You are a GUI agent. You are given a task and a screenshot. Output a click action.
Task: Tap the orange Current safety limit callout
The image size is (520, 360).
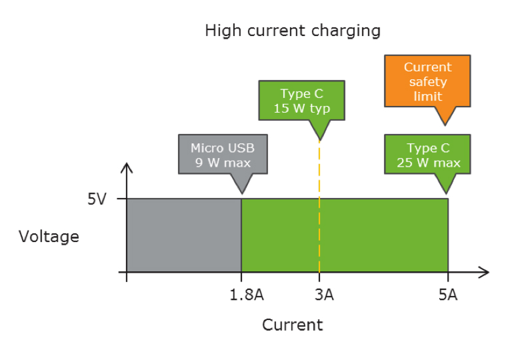[x=427, y=81]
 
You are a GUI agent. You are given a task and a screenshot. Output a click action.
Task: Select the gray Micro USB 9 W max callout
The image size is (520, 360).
[x=223, y=155]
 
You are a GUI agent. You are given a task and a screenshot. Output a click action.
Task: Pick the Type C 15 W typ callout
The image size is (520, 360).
[x=301, y=101]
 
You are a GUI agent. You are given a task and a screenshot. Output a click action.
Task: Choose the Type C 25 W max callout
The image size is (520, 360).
[x=427, y=155]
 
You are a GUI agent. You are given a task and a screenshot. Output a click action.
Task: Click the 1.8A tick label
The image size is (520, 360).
[x=241, y=295]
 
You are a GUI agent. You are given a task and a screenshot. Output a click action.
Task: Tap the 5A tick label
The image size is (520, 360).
[x=448, y=295]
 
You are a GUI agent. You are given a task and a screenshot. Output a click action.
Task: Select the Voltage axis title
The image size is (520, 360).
[x=49, y=236]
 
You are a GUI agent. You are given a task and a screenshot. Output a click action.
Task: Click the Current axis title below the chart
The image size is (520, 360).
[x=292, y=325]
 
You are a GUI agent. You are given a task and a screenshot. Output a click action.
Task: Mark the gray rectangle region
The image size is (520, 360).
[x=184, y=235]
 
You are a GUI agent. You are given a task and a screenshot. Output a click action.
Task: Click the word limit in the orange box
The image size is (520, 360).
[x=427, y=96]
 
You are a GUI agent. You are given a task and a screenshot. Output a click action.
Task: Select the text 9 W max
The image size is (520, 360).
[x=223, y=162]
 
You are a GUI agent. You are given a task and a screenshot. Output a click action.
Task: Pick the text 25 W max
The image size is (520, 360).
[x=427, y=162]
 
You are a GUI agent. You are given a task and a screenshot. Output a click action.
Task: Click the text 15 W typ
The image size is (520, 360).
[x=301, y=109]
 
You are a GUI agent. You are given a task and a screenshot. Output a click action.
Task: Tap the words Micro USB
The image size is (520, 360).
[x=223, y=147]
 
